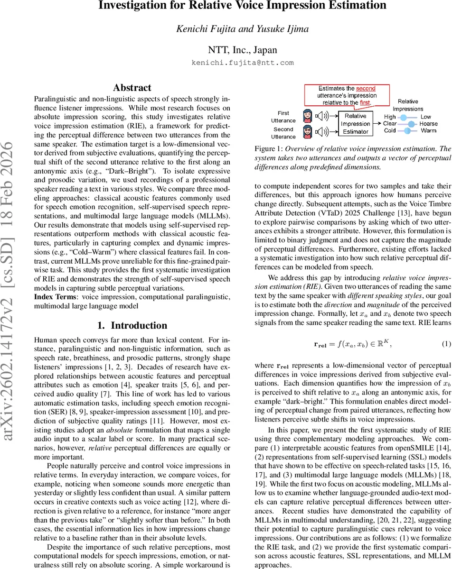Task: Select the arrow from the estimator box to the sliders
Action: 378,123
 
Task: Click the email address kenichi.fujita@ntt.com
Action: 243,63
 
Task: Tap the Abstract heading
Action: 132,88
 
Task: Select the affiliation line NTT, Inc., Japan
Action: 243,49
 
